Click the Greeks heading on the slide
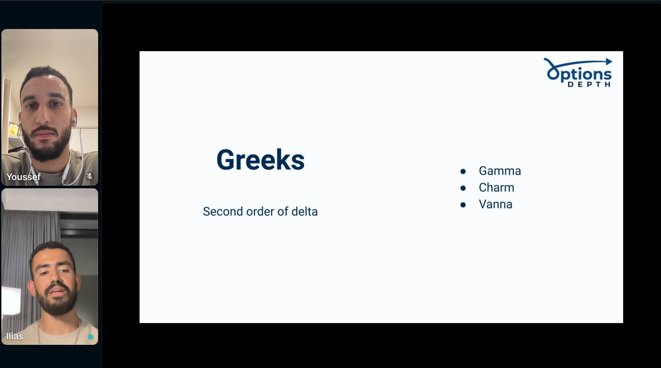[260, 160]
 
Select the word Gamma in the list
[500, 171]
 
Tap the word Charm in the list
[496, 187]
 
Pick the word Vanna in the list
[496, 204]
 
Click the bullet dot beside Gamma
[463, 171]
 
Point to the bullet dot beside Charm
[463, 188]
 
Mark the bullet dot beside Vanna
[463, 205]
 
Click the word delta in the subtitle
[304, 211]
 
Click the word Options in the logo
[579, 74]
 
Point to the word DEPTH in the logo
[589, 84]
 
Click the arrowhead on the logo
[609, 62]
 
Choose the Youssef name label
[23, 177]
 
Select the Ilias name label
[15, 336]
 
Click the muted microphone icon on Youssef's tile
[90, 176]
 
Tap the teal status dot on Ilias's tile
[90, 337]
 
